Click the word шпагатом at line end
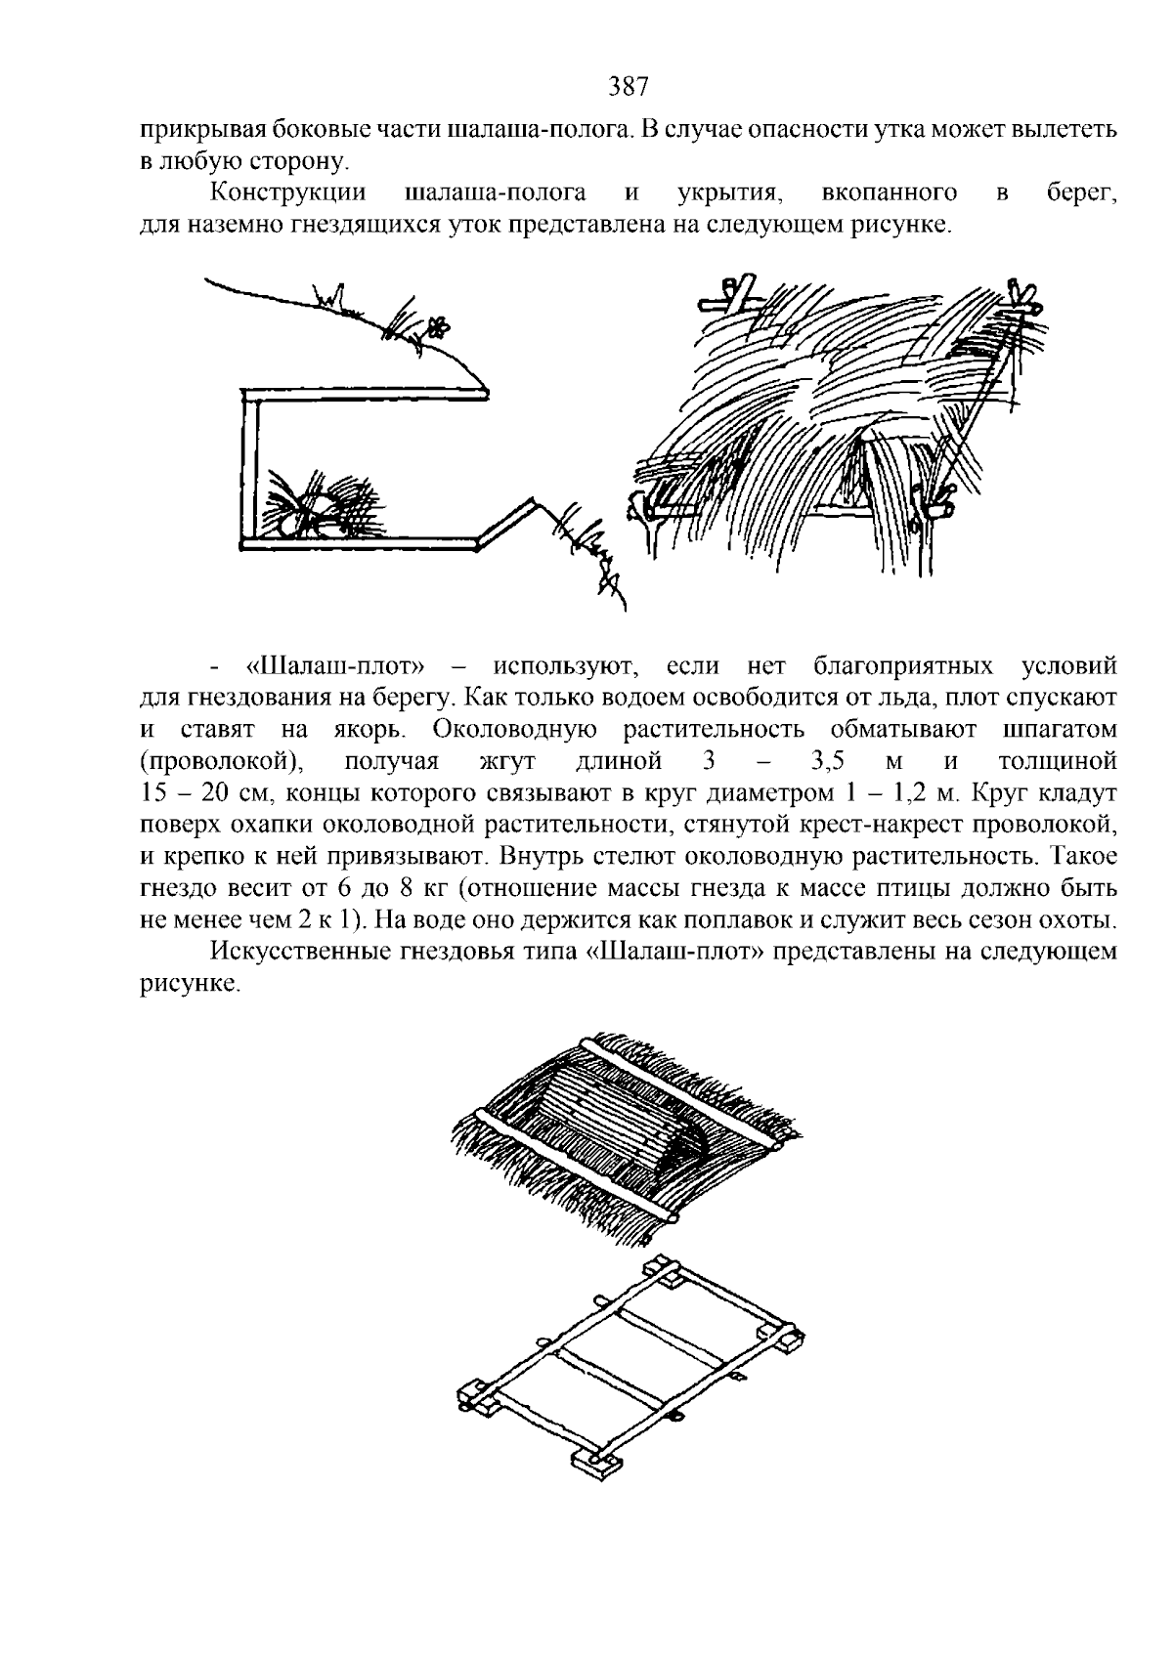1060,730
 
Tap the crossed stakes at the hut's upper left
735,292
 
